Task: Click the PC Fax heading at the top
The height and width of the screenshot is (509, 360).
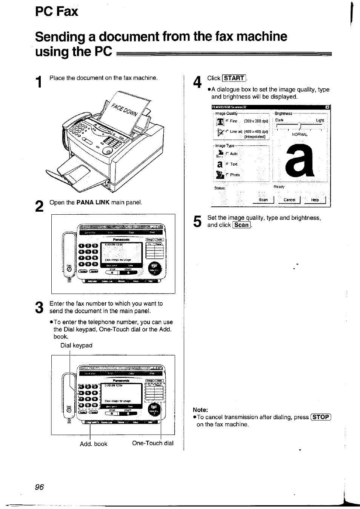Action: coord(57,11)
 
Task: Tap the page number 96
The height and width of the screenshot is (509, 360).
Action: coord(39,487)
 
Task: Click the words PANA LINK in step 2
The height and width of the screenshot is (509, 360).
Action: coord(93,203)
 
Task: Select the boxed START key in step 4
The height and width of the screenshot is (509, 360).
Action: coord(234,78)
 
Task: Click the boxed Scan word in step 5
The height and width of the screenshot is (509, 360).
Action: coord(242,225)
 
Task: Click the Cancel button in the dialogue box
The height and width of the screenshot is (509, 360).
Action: coord(289,200)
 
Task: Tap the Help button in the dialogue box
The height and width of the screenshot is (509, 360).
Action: coord(315,200)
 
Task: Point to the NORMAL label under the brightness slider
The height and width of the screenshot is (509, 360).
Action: coord(300,134)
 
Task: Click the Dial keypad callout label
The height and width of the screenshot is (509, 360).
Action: coord(76,345)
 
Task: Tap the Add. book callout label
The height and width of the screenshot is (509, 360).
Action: coord(94,444)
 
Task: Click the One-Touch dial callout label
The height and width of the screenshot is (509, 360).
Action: coord(153,443)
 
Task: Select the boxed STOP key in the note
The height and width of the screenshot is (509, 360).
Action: coord(321,417)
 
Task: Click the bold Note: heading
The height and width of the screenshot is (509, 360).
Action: coord(200,410)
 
